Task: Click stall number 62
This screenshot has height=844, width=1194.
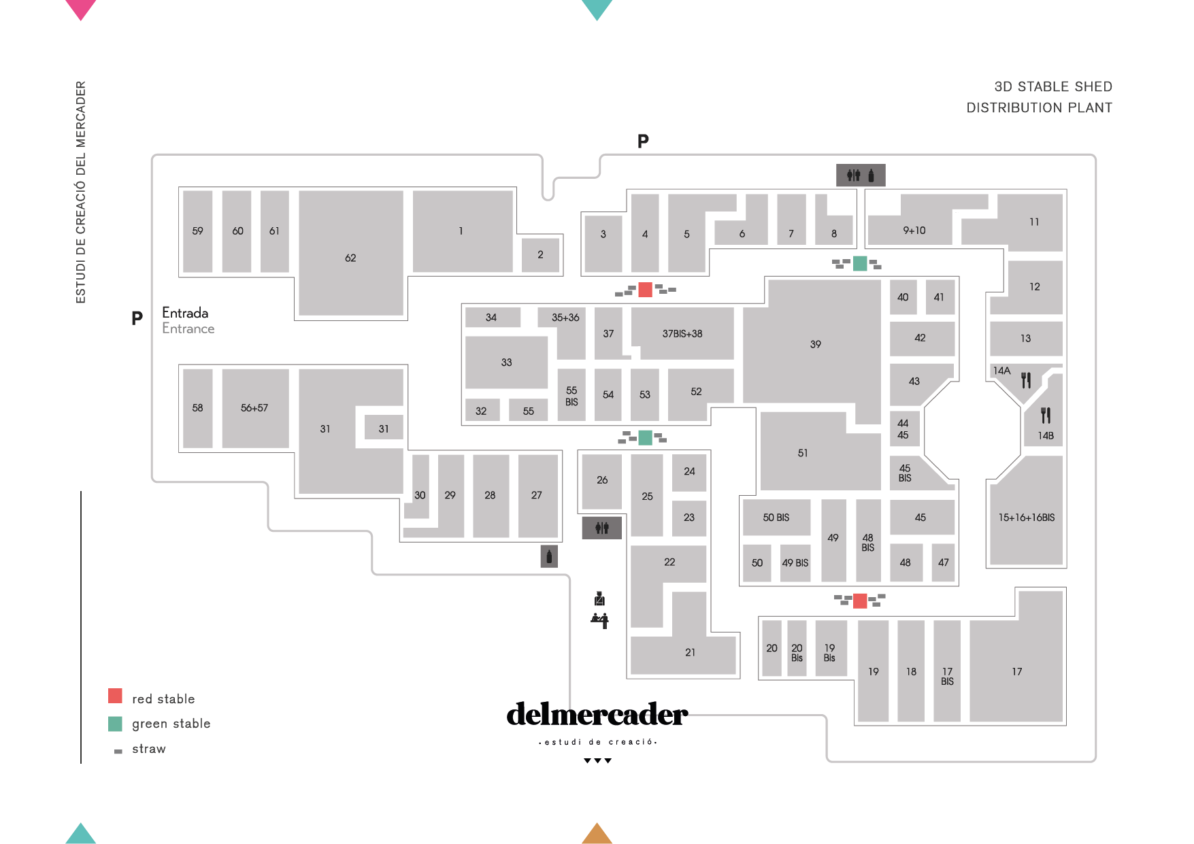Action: pos(350,258)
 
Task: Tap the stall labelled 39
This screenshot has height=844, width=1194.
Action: pos(815,344)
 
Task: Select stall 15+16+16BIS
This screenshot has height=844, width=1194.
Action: pos(1026,518)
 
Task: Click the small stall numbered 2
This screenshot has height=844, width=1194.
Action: pos(540,255)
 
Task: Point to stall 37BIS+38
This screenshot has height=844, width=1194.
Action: pos(682,334)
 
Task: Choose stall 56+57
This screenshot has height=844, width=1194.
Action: pos(254,408)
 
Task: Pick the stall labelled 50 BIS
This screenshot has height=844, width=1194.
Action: pos(776,518)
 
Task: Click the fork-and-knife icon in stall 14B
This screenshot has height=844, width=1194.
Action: pos(1046,415)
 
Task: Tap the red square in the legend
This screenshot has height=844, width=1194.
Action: pos(115,696)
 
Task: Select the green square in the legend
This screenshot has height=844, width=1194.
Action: pos(115,724)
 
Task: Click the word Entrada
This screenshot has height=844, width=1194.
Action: pos(185,313)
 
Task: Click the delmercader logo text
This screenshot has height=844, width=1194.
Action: pos(597,715)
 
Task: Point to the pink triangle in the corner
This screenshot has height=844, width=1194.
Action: pos(80,9)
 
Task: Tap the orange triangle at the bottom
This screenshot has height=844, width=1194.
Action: pos(597,834)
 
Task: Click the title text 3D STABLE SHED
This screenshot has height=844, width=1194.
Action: pos(1052,86)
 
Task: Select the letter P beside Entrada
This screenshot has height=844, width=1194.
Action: pos(137,318)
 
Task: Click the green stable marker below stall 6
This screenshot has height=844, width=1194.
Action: pos(859,263)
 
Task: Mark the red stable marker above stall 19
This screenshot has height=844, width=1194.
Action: pos(859,601)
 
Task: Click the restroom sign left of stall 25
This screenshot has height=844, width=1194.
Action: pos(601,528)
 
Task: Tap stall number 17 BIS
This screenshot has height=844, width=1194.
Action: pos(947,676)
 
